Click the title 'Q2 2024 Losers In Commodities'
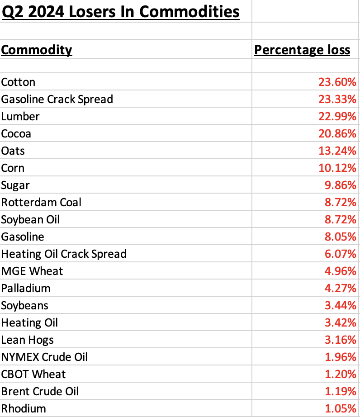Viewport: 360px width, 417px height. [120, 11]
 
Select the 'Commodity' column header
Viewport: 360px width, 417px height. [37, 49]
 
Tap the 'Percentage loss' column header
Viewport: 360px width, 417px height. [302, 49]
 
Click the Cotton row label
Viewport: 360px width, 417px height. [18, 82]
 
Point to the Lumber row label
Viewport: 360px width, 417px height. [20, 116]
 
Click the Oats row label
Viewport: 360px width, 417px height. [13, 151]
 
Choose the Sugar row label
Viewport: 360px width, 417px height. [15, 185]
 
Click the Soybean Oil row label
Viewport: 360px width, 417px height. [30, 219]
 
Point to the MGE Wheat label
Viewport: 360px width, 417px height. [32, 271]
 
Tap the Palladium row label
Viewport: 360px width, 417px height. [26, 288]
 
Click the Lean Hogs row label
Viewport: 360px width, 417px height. [28, 340]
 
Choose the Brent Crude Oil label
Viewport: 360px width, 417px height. [40, 391]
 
